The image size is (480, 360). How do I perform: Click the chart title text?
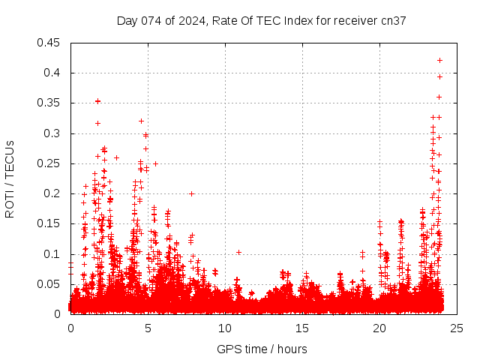click(261, 21)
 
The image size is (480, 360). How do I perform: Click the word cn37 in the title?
click(393, 21)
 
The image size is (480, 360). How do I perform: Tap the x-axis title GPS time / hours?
click(261, 349)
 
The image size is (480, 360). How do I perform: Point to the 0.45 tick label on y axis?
click(49, 43)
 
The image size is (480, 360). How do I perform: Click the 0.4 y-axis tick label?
click(53, 73)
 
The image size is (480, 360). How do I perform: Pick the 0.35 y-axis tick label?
click(49, 103)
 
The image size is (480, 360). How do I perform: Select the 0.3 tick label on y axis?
click(53, 133)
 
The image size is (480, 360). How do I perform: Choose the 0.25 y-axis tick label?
click(49, 163)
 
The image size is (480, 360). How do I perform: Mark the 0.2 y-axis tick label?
click(53, 193)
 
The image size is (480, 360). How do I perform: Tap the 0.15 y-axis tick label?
click(49, 224)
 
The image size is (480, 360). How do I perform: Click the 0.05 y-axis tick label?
click(49, 284)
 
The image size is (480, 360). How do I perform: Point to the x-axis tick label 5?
click(148, 328)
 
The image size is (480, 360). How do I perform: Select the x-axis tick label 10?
click(225, 328)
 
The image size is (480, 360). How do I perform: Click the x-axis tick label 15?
click(302, 328)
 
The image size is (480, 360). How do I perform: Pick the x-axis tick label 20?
click(379, 328)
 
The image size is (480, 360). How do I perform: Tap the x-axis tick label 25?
click(457, 328)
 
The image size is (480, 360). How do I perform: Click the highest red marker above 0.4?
click(440, 60)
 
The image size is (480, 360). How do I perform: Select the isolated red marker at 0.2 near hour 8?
click(191, 193)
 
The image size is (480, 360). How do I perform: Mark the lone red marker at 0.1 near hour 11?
click(238, 252)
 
